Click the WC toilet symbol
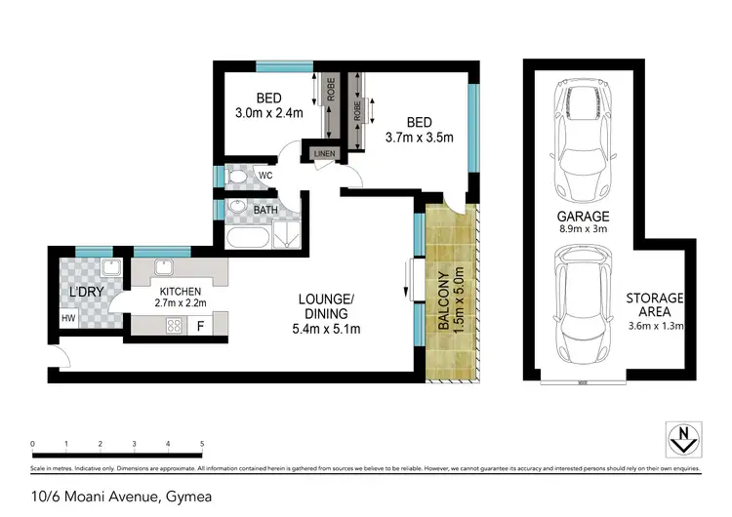pyautogui.click(x=237, y=178)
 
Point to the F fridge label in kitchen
pyautogui.click(x=200, y=326)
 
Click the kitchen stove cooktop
pyautogui.click(x=176, y=326)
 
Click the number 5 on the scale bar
pyautogui.click(x=202, y=444)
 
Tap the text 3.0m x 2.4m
pyautogui.click(x=268, y=113)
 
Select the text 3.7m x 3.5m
pyautogui.click(x=420, y=138)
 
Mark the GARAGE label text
pyautogui.click(x=585, y=217)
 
